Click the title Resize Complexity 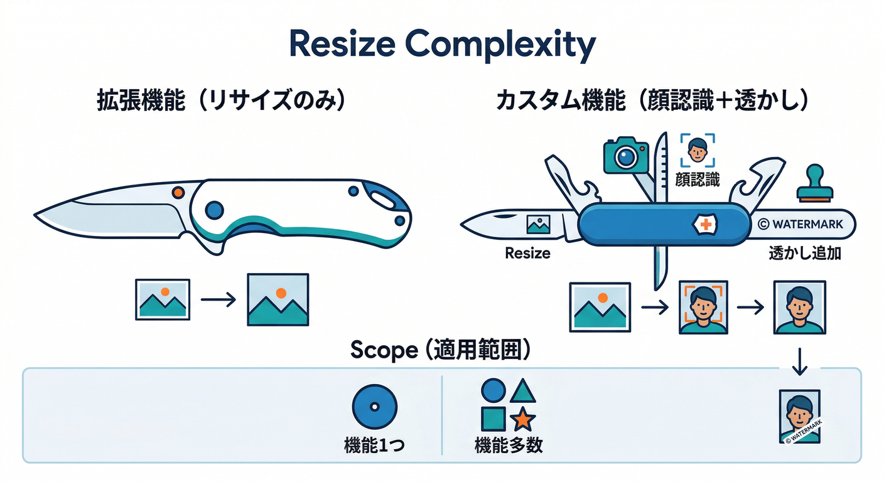coord(441,45)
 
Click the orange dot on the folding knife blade coord(178,192)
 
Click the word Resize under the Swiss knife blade coord(527,254)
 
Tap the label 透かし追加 coord(805,254)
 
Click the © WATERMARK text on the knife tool coord(806,224)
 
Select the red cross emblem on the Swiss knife coord(705,224)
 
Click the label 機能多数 coord(509,446)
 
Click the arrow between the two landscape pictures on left coord(218,299)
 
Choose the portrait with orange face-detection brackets coord(702,308)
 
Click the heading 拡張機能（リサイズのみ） coord(220,101)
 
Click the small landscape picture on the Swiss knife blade coord(539,224)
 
